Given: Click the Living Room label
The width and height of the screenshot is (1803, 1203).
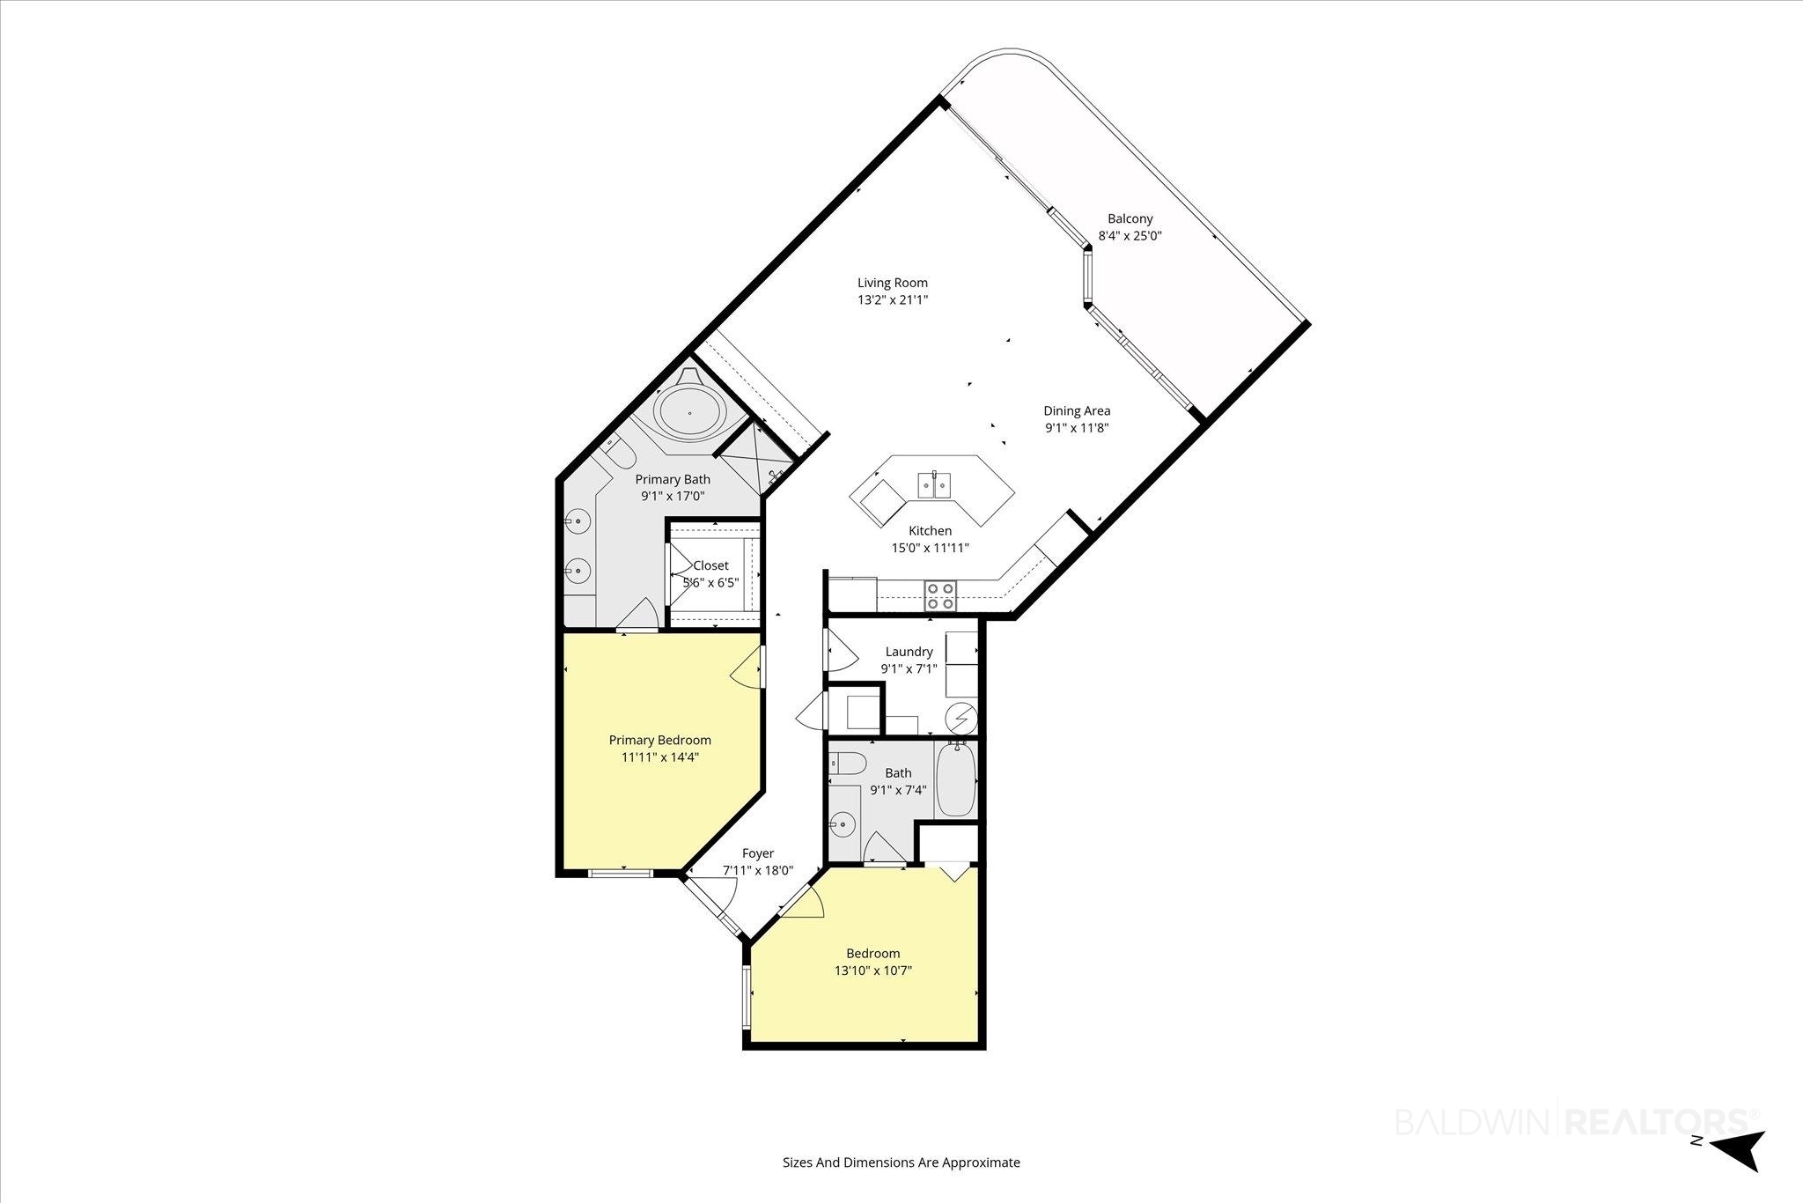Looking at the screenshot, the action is (x=893, y=283).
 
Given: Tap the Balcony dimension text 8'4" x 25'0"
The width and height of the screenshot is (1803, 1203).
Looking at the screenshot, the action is (x=1130, y=236).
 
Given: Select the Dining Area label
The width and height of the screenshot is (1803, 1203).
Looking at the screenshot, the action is (x=1077, y=410).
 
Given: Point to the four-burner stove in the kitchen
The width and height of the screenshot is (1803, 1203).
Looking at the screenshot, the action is (x=939, y=596).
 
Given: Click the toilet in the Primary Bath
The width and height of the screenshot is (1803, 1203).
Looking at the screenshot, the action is (x=618, y=454).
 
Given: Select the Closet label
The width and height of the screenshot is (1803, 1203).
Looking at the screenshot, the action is (x=710, y=565).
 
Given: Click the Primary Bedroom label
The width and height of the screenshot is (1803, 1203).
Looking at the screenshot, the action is (x=660, y=740).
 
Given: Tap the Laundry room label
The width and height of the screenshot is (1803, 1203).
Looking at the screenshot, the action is (x=909, y=652).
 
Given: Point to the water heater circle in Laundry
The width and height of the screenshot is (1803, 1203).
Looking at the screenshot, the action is (x=961, y=719).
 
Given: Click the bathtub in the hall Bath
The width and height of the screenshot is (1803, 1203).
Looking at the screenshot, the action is (x=955, y=779).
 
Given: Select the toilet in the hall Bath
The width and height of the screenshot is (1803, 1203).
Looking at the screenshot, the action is (x=848, y=764).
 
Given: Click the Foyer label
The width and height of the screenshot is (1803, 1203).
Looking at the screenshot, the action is (x=758, y=853).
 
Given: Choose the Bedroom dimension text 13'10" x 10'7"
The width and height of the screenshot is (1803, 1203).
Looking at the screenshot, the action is (x=873, y=971).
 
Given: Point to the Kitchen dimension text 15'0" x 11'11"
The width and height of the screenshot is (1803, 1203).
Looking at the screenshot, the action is (x=931, y=548).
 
